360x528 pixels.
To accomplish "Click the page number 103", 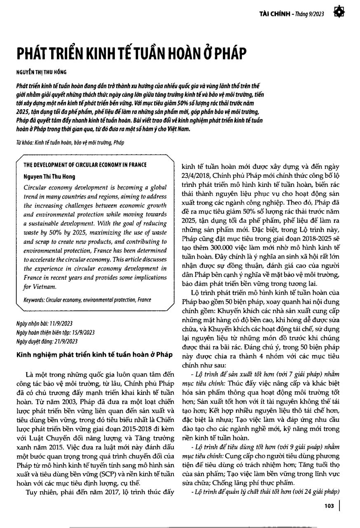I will tap(329, 506).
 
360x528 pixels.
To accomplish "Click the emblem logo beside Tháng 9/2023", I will tap(340, 12).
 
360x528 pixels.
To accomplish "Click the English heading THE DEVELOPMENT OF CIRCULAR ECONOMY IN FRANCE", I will tap(85, 165).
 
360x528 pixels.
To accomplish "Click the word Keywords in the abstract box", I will tap(34, 300).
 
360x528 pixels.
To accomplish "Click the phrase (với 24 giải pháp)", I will tap(315, 492).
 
